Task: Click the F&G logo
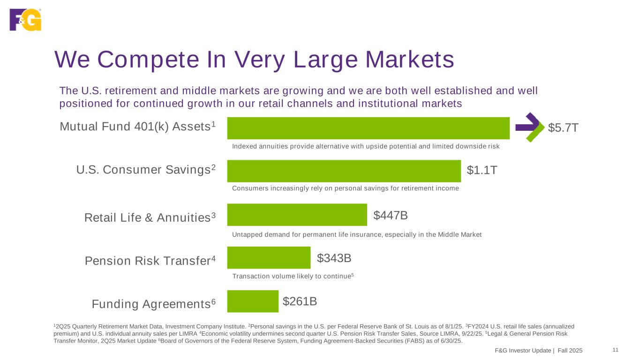coord(25,20)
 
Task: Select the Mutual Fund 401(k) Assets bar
coord(368,128)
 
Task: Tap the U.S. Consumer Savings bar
coord(344,171)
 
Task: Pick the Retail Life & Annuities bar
coord(297,215)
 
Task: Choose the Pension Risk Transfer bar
coord(269,258)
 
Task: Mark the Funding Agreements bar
coord(253,301)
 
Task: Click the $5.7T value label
coord(563,127)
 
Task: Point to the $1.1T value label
coord(482,171)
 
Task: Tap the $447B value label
coord(390,215)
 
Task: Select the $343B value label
coord(334,258)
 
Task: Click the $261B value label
coord(300,301)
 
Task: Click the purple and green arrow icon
coord(530,127)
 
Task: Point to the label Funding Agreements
coord(154,304)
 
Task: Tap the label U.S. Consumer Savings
coord(146,170)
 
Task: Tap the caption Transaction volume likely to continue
coord(292,276)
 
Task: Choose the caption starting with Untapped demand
coord(356,234)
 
